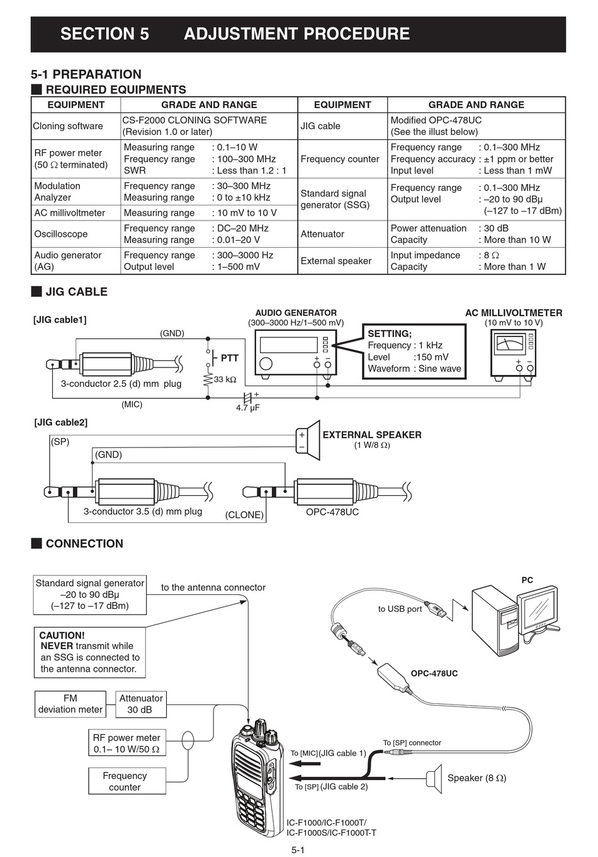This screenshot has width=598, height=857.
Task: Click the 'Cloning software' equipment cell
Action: (67, 126)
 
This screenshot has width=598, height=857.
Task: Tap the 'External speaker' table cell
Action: (336, 260)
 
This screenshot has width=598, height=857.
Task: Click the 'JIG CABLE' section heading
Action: (76, 292)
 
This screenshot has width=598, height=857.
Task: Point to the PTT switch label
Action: (229, 358)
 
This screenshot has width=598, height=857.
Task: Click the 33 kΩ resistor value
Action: (225, 379)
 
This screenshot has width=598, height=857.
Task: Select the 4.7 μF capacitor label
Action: (247, 408)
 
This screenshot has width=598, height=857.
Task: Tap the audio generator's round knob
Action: (266, 363)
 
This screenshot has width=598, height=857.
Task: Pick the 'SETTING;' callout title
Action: (390, 333)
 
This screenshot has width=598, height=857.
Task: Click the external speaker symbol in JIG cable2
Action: (308, 440)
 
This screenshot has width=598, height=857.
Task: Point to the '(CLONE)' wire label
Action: (244, 515)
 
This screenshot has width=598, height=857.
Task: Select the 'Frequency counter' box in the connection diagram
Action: (127, 781)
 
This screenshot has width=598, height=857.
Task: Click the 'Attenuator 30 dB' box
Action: (141, 704)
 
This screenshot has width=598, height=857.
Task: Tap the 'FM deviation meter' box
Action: (71, 704)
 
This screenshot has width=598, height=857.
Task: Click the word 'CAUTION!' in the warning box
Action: (62, 635)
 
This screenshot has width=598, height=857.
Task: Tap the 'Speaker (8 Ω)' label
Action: (477, 778)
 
